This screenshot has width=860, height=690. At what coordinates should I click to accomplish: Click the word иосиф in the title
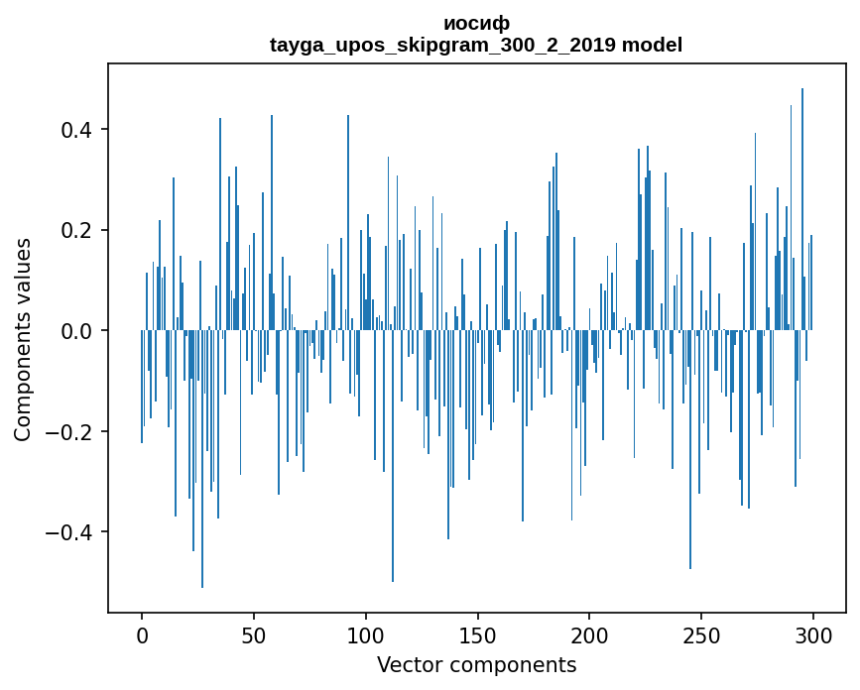(x=476, y=24)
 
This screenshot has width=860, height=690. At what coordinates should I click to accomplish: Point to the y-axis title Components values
(x=23, y=339)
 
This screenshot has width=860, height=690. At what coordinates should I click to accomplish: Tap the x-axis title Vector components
(x=476, y=664)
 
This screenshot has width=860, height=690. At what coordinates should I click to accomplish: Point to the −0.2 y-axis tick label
(x=69, y=432)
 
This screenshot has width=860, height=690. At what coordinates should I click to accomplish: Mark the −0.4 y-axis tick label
(x=69, y=532)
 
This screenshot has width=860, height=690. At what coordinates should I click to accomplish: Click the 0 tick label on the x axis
(x=142, y=634)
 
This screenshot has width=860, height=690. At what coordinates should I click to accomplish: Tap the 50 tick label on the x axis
(x=254, y=634)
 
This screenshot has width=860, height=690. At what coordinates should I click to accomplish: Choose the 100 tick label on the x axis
(x=366, y=634)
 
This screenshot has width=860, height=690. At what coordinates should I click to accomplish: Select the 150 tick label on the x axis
(x=478, y=634)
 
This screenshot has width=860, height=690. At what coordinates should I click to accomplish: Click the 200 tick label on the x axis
(x=589, y=634)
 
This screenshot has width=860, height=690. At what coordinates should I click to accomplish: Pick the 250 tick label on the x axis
(x=701, y=634)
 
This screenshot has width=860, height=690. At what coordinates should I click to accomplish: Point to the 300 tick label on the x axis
(x=813, y=634)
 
